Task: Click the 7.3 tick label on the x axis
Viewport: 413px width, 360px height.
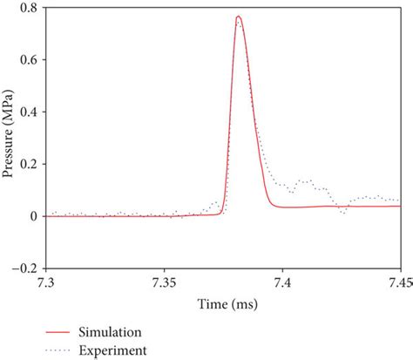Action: [46, 283]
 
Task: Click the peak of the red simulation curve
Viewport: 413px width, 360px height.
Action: [238, 17]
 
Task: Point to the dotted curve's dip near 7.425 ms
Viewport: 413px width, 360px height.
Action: [343, 213]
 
